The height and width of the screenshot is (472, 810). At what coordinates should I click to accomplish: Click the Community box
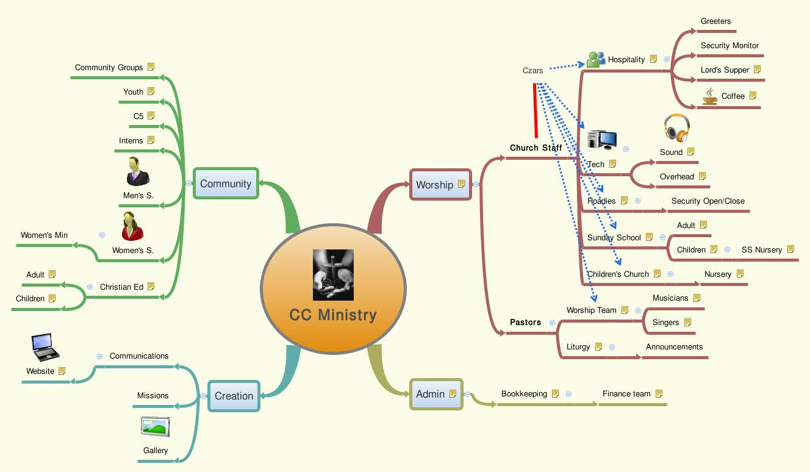click(x=226, y=184)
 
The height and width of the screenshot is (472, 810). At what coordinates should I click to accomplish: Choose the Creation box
click(x=234, y=396)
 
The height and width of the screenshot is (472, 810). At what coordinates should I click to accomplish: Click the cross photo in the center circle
click(x=333, y=274)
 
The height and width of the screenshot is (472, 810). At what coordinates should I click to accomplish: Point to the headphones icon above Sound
click(x=676, y=128)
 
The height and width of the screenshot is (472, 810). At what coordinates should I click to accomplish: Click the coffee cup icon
click(x=709, y=96)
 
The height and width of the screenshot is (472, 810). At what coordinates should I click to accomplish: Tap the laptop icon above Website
click(x=45, y=347)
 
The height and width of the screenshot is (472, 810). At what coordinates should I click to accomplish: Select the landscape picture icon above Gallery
click(x=156, y=427)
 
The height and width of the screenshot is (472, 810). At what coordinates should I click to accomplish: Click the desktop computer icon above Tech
click(x=601, y=140)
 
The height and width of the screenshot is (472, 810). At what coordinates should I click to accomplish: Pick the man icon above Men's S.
click(x=137, y=171)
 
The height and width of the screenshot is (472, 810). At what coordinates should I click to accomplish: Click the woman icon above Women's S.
click(x=132, y=226)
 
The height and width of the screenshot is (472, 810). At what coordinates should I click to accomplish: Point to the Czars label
click(x=532, y=70)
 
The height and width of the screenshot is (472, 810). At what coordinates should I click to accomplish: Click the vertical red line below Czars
click(x=536, y=110)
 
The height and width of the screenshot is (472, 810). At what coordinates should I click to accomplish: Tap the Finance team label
click(x=626, y=394)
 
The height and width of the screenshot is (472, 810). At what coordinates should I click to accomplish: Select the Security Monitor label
click(x=729, y=46)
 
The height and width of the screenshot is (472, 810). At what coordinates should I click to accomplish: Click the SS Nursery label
click(x=761, y=250)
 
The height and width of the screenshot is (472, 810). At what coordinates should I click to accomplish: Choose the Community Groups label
click(x=109, y=68)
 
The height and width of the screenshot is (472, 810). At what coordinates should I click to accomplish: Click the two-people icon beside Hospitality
click(x=596, y=59)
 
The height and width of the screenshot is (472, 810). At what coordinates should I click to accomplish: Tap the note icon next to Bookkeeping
click(x=555, y=394)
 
